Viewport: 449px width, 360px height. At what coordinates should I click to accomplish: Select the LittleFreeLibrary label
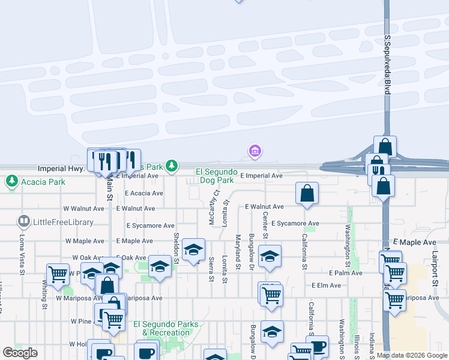[64, 222]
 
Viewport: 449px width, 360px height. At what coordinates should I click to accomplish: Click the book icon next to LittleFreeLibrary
[24, 221]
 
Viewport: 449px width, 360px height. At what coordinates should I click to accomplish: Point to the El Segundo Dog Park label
[215, 176]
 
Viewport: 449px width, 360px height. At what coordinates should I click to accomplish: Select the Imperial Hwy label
[61, 169]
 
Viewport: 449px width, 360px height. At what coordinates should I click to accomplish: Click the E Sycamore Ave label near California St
[295, 223]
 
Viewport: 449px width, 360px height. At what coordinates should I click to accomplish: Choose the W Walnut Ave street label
[83, 208]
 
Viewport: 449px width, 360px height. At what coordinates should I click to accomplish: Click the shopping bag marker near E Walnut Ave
[307, 193]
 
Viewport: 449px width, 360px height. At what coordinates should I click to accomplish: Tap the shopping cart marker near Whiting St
[58, 274]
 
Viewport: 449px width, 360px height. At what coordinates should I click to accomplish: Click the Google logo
[20, 353]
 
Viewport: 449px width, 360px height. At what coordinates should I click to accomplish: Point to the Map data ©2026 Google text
[412, 355]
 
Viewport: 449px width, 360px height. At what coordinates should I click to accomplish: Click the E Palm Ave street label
[345, 272]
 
